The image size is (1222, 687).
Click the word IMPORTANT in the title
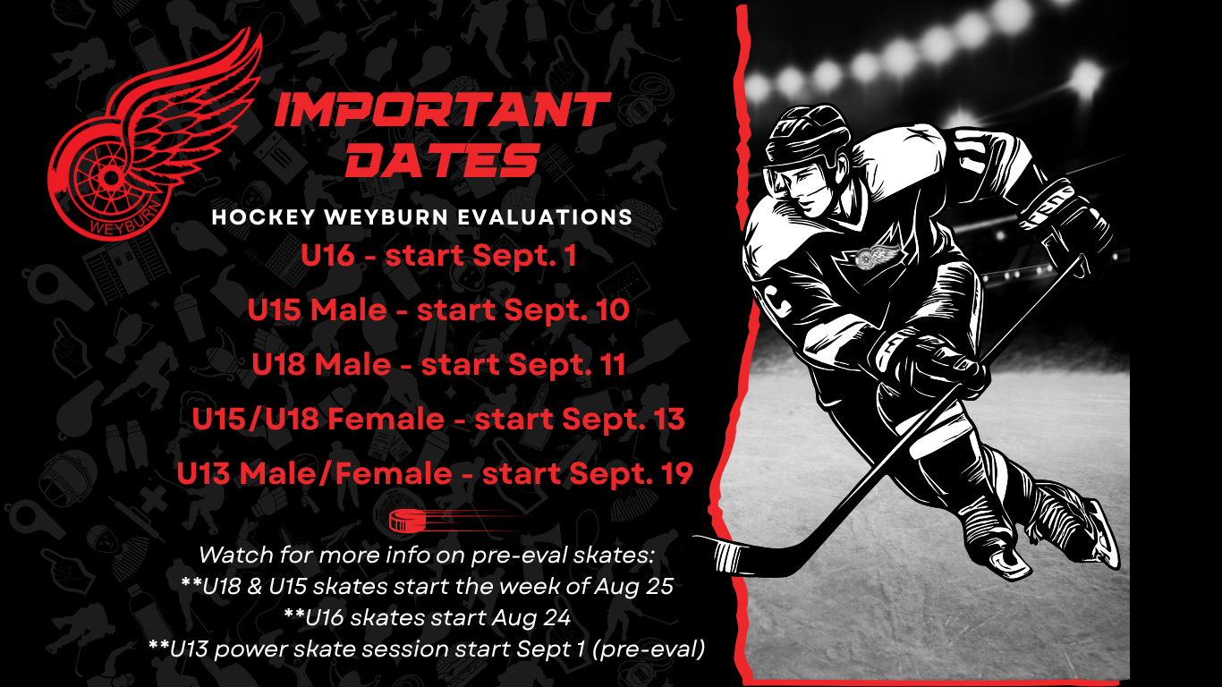click(443, 110)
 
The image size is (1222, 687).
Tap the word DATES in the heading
click(443, 160)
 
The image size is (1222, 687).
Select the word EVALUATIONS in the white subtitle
click(545, 217)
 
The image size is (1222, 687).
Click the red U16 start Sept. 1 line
click(438, 255)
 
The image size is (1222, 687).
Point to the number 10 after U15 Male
click(613, 310)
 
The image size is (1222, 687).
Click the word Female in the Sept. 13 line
click(386, 419)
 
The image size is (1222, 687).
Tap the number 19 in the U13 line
click(676, 472)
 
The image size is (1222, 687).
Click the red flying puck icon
click(414, 521)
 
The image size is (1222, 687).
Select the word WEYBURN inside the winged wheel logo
click(125, 220)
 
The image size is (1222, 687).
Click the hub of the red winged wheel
click(110, 176)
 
